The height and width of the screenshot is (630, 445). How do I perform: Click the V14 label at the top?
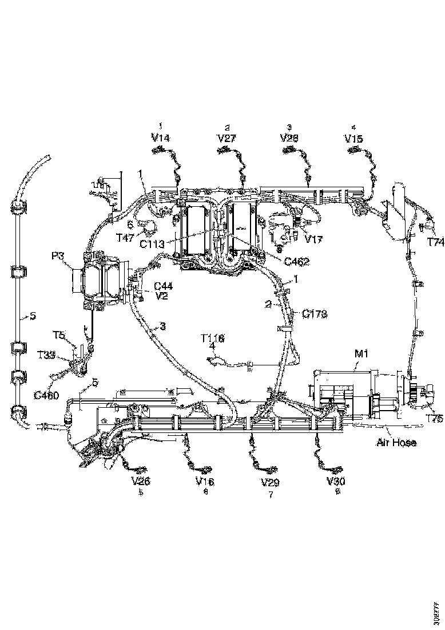tap(161, 137)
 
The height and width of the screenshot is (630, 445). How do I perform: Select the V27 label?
tap(227, 137)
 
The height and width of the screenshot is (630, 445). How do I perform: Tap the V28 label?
tap(289, 138)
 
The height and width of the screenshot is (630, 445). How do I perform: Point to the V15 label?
tap(353, 138)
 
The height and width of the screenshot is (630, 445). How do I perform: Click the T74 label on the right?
tap(435, 242)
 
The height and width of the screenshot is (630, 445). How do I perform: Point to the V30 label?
tap(336, 481)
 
